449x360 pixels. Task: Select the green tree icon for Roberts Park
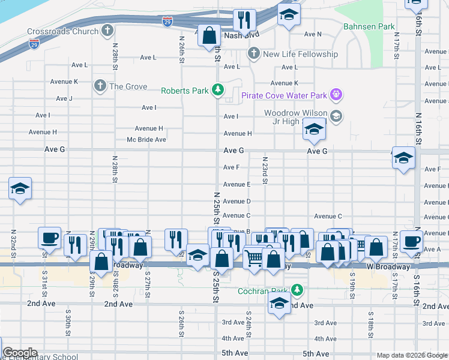click(217, 91)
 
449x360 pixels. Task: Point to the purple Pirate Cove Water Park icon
click(336, 95)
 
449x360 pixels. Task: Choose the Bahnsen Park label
click(369, 26)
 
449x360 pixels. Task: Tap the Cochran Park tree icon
click(297, 290)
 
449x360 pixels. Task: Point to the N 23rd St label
click(264, 170)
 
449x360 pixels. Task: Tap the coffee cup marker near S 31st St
click(49, 238)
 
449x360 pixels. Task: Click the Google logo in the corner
click(20, 353)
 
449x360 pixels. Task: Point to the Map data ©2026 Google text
click(412, 355)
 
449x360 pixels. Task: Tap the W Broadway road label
click(389, 266)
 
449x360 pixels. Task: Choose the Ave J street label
click(64, 98)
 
